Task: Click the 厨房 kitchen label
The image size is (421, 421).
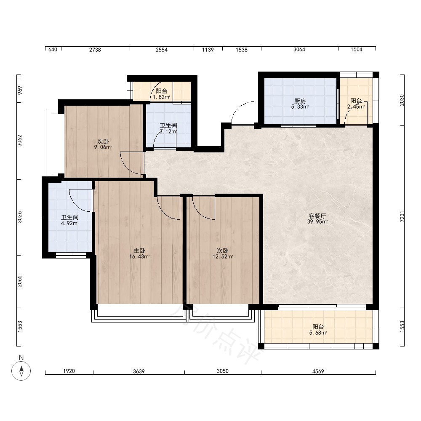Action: pos(300,101)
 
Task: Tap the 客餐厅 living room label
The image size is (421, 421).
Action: pos(317,216)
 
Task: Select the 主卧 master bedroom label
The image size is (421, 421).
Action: pos(139,250)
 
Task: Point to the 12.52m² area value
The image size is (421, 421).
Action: pos(223,257)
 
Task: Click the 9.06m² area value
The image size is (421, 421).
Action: pos(103,147)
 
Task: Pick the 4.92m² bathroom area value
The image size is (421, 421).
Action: pos(69,224)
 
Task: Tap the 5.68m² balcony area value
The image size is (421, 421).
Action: pos(318,333)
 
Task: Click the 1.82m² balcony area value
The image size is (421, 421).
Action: pos(162,97)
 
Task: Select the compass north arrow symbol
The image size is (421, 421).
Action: pos(21,371)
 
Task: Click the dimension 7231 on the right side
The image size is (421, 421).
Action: pos(402,216)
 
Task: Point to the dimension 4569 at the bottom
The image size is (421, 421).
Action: pos(318,371)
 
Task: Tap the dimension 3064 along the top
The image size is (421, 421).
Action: pos(299,49)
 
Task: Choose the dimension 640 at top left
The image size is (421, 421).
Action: pos(53,49)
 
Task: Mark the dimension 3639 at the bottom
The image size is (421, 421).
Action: pos(139,371)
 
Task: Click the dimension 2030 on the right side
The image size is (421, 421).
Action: pos(402,100)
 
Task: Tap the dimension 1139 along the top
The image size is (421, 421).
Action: pos(208,50)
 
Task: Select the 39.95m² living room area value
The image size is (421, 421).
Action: pos(317,222)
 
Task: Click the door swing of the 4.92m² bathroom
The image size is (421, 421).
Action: pos(76,205)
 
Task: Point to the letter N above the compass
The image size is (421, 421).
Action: pos(21,357)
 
